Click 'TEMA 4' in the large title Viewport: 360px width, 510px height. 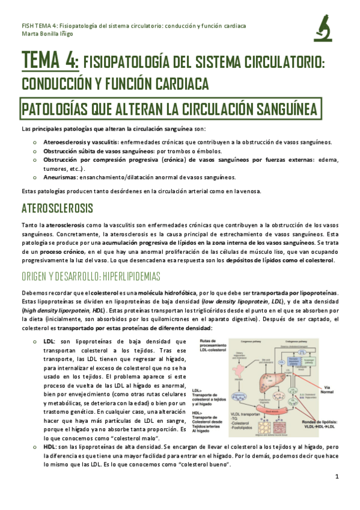tap(49, 61)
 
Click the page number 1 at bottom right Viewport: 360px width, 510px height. tap(338, 493)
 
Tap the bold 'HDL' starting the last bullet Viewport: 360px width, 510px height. tap(49, 465)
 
